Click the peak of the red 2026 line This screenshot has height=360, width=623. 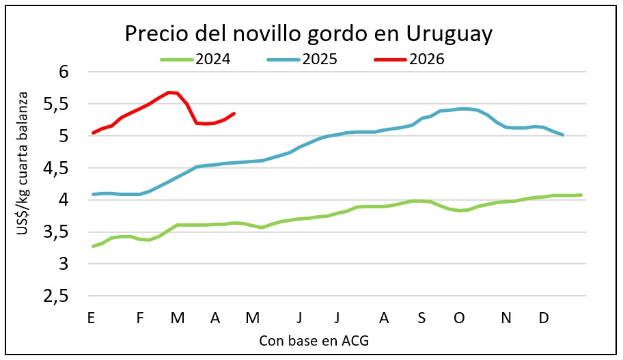click(x=169, y=92)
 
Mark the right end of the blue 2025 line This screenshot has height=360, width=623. click(x=563, y=135)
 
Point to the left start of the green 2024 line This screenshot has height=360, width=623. click(x=93, y=246)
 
